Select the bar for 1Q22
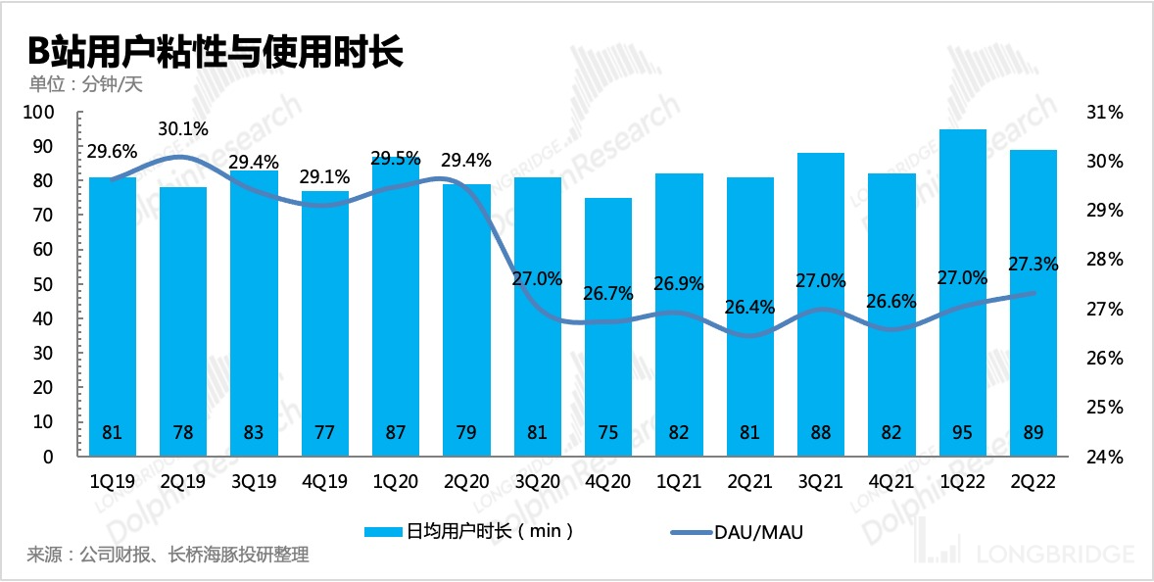962,294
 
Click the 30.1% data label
183,129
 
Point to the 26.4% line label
749,307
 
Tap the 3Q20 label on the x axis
537,482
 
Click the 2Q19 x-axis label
183,482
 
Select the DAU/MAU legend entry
742,532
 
